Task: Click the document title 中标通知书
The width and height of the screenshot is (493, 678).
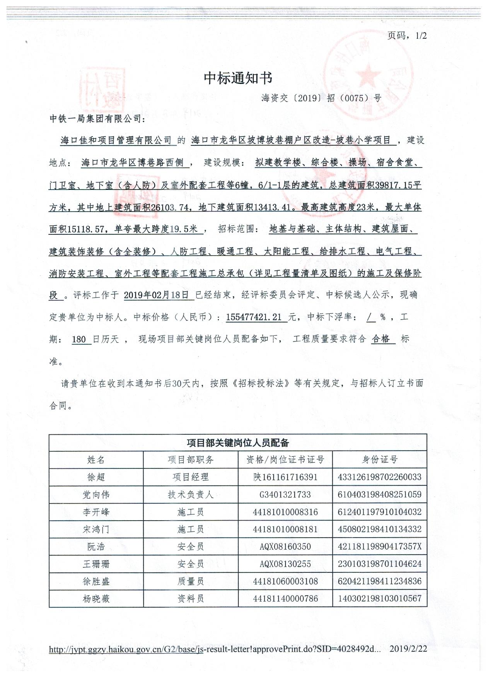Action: click(x=238, y=78)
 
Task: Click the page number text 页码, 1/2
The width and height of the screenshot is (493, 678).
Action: click(x=406, y=36)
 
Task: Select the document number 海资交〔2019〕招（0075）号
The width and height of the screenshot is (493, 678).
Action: click(x=321, y=98)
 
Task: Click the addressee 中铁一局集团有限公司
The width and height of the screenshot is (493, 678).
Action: click(x=96, y=119)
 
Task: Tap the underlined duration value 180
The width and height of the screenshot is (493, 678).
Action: click(x=79, y=340)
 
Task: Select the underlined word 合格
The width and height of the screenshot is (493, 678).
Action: click(x=381, y=339)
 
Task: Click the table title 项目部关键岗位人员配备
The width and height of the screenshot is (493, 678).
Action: click(x=238, y=442)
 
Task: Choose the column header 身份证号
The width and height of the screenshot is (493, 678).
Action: click(x=379, y=459)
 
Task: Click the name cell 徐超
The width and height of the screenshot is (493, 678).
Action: click(x=96, y=477)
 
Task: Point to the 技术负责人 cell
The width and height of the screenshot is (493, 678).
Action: click(x=190, y=495)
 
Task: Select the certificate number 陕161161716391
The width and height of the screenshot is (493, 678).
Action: click(x=285, y=477)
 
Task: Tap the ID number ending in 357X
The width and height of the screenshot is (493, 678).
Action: click(x=379, y=546)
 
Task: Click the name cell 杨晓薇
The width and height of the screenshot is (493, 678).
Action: click(x=96, y=599)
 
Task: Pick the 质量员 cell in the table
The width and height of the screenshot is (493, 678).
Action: click(x=190, y=581)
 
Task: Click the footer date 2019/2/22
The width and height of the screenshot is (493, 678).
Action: click(x=408, y=649)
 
